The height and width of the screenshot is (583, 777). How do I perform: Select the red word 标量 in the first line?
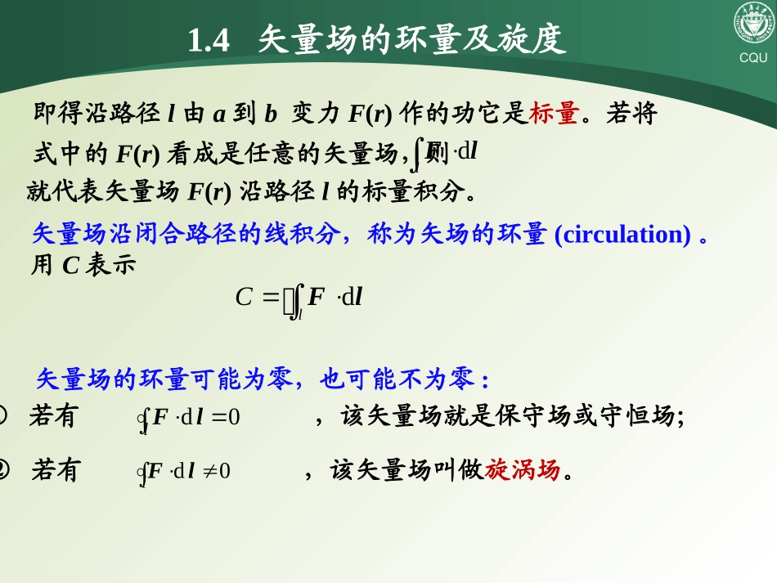click(554, 114)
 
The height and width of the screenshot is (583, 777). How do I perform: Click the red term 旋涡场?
click(523, 470)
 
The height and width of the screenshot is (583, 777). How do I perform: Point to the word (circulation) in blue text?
click(622, 235)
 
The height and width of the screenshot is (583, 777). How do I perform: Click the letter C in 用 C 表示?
click(70, 266)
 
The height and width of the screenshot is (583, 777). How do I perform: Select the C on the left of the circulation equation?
click(244, 297)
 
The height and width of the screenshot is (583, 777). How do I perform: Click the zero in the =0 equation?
click(234, 417)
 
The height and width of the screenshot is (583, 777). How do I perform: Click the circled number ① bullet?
click(3, 416)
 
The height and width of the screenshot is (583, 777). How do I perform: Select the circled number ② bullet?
click(3, 470)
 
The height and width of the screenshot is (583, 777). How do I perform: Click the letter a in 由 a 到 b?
click(219, 114)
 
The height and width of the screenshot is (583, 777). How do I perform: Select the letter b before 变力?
click(271, 114)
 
